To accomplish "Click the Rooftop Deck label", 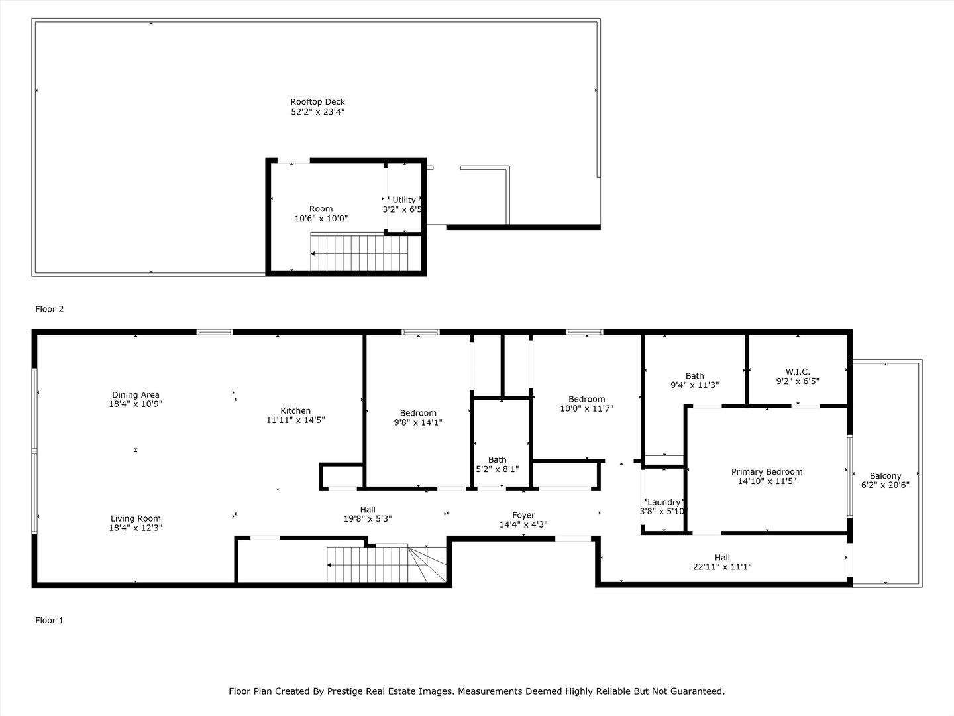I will click(317, 102).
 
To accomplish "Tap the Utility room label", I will click(403, 200).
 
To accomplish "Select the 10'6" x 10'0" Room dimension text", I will click(321, 219).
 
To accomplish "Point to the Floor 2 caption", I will click(49, 309).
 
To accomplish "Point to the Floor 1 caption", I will click(49, 621).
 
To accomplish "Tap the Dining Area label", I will click(135, 395).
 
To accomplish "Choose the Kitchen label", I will click(295, 410).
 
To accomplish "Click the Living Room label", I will click(135, 518).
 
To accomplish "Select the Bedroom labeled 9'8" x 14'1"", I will click(418, 413).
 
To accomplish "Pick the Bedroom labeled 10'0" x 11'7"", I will click(586, 399).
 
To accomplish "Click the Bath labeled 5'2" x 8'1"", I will click(497, 459).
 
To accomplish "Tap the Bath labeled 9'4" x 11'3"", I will click(694, 376).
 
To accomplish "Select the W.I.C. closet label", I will click(798, 372).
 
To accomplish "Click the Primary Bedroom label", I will click(767, 472).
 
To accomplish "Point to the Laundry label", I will click(663, 503).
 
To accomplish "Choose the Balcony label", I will click(885, 476).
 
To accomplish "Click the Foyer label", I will click(523, 515).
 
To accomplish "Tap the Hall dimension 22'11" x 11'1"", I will click(722, 567).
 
